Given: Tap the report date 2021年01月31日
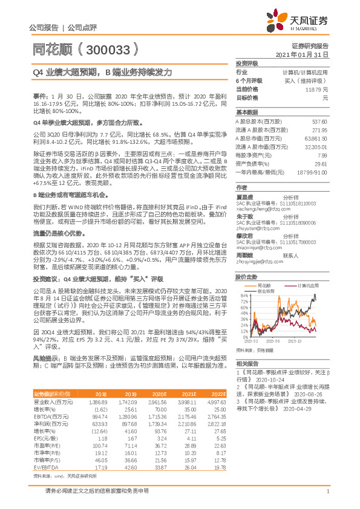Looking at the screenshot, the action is (x=302, y=54).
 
